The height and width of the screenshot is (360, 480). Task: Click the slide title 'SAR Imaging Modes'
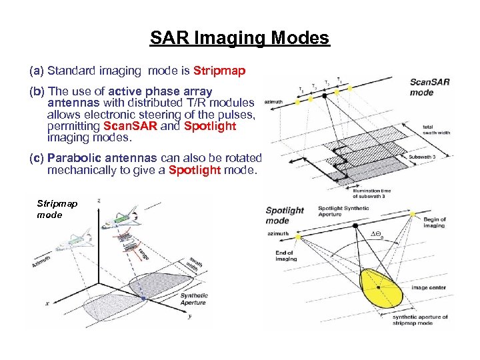(x=239, y=37)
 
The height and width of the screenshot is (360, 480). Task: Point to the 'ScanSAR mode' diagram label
(x=429, y=87)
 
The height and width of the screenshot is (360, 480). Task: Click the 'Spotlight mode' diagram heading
(x=285, y=215)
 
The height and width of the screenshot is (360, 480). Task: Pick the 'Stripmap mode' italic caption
(x=57, y=209)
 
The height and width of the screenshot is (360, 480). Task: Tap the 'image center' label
(x=429, y=288)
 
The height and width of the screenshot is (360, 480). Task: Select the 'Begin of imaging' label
(x=435, y=222)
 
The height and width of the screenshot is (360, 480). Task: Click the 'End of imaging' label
(x=286, y=255)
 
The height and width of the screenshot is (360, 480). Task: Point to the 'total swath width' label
(x=437, y=129)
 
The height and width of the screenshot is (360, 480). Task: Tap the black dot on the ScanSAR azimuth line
(x=325, y=95)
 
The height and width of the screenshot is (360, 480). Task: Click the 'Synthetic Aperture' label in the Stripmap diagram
(x=193, y=299)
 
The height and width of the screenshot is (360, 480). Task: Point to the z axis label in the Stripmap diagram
(x=99, y=201)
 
